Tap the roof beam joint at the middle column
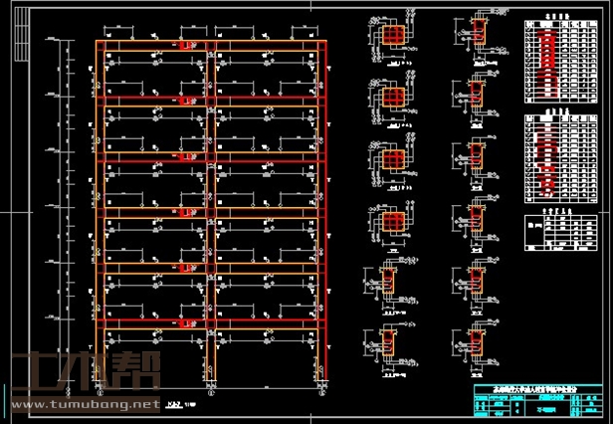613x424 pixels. (209, 45)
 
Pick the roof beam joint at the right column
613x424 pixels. (320, 45)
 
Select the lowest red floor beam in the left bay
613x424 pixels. (153, 322)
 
